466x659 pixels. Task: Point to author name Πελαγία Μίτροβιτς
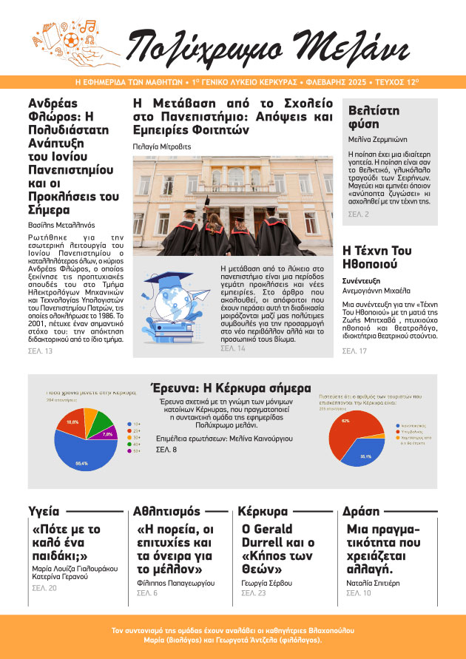coord(161,146)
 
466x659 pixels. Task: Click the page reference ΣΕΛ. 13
coord(40,351)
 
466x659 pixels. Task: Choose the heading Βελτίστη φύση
coord(374,118)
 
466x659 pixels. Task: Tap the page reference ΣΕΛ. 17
coord(354,351)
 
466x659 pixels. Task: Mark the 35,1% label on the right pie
coord(365,457)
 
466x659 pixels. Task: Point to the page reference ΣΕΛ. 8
coord(166,450)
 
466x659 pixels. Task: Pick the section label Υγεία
coord(43,511)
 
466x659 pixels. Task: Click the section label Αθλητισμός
coord(166,511)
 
